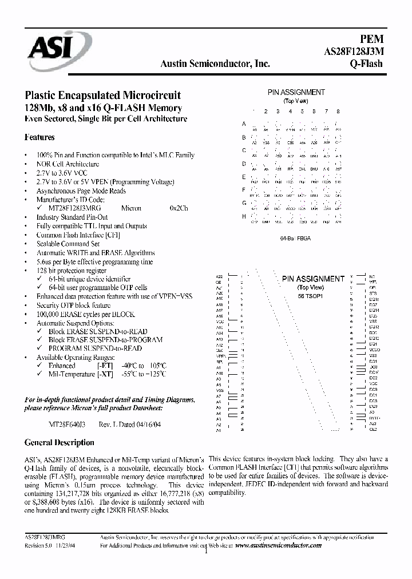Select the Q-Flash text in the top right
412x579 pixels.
pyautogui.click(x=366, y=64)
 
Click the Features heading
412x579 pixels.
pyautogui.click(x=39, y=137)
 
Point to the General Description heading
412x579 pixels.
pyautogui.click(x=59, y=442)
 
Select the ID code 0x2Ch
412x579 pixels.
pyautogui.click(x=179, y=208)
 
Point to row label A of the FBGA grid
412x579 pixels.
pyautogui.click(x=244, y=124)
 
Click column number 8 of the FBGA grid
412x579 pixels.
pyautogui.click(x=338, y=111)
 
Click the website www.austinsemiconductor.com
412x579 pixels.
pyautogui.click(x=278, y=545)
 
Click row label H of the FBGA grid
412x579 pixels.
pyautogui.click(x=244, y=216)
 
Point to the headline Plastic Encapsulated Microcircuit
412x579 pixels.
pyautogui.click(x=102, y=95)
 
